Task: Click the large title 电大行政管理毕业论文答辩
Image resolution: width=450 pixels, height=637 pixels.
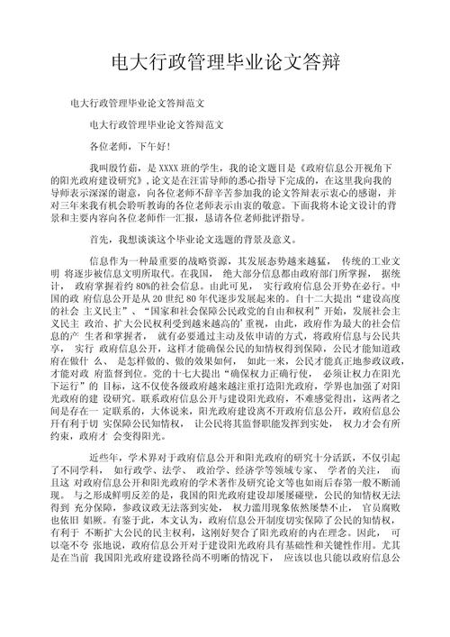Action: pyautogui.click(x=225, y=61)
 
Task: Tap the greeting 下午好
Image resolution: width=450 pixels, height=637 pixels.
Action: pyautogui.click(x=150, y=145)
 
